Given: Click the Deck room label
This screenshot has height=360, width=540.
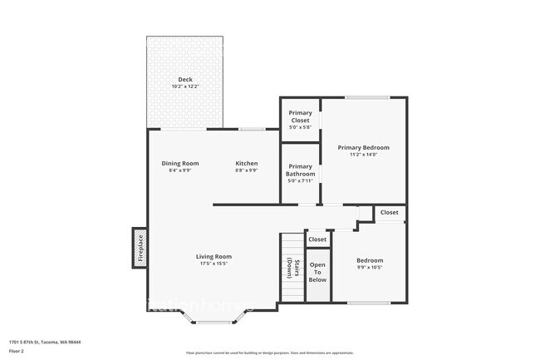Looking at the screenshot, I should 185,80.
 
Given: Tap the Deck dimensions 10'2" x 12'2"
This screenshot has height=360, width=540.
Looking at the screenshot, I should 185,86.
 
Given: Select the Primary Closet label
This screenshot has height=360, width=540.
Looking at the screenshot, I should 300,116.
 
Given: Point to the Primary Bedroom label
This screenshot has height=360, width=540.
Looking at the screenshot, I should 363,147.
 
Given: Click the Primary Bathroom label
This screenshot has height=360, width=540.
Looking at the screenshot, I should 300,170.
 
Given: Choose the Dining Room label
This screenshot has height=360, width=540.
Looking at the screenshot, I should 180,163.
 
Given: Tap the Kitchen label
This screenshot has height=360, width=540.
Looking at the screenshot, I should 247,163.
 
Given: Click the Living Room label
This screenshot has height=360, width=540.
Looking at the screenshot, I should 214,256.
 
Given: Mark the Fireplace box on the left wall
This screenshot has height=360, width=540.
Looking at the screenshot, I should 140,248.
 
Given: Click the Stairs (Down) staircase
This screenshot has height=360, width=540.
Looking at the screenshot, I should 292,268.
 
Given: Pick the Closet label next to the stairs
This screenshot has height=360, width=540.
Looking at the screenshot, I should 317,239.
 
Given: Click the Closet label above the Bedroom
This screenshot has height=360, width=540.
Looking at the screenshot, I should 390,212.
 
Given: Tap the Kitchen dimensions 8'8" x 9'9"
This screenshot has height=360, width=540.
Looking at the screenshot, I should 247,170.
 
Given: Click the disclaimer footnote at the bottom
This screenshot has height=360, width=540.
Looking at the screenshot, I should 269,353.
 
